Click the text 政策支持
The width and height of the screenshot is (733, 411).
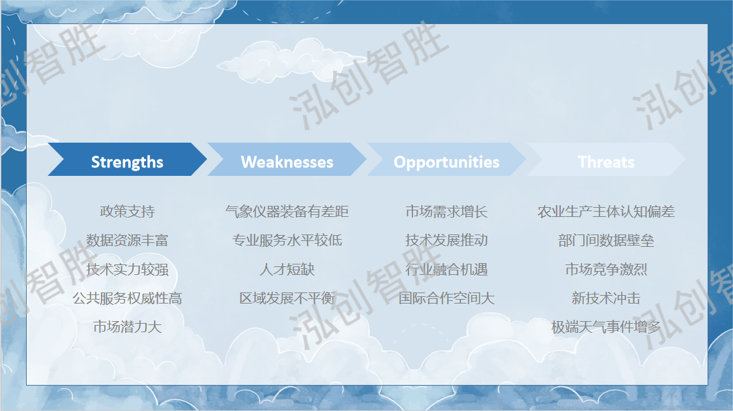point(127,211)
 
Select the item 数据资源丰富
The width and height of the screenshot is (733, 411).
point(127,240)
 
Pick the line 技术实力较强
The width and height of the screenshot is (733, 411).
point(127,269)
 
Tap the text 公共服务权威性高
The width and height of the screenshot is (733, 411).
point(127,298)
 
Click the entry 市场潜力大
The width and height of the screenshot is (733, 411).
point(127,327)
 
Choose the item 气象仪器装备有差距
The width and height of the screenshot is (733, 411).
point(287,211)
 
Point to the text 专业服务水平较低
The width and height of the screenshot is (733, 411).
point(287,240)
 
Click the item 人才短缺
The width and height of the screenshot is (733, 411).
point(287,269)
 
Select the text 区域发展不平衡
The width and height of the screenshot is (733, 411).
point(287,298)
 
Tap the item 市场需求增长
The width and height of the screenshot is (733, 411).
point(446,211)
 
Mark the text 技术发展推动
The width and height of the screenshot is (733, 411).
point(446,240)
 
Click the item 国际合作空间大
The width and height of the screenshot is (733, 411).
point(446,298)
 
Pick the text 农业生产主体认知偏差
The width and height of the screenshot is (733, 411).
point(607,211)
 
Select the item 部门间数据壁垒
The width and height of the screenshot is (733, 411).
point(607,240)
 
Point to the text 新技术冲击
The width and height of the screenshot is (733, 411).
point(607,298)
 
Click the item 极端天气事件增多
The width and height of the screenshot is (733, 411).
point(607,327)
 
